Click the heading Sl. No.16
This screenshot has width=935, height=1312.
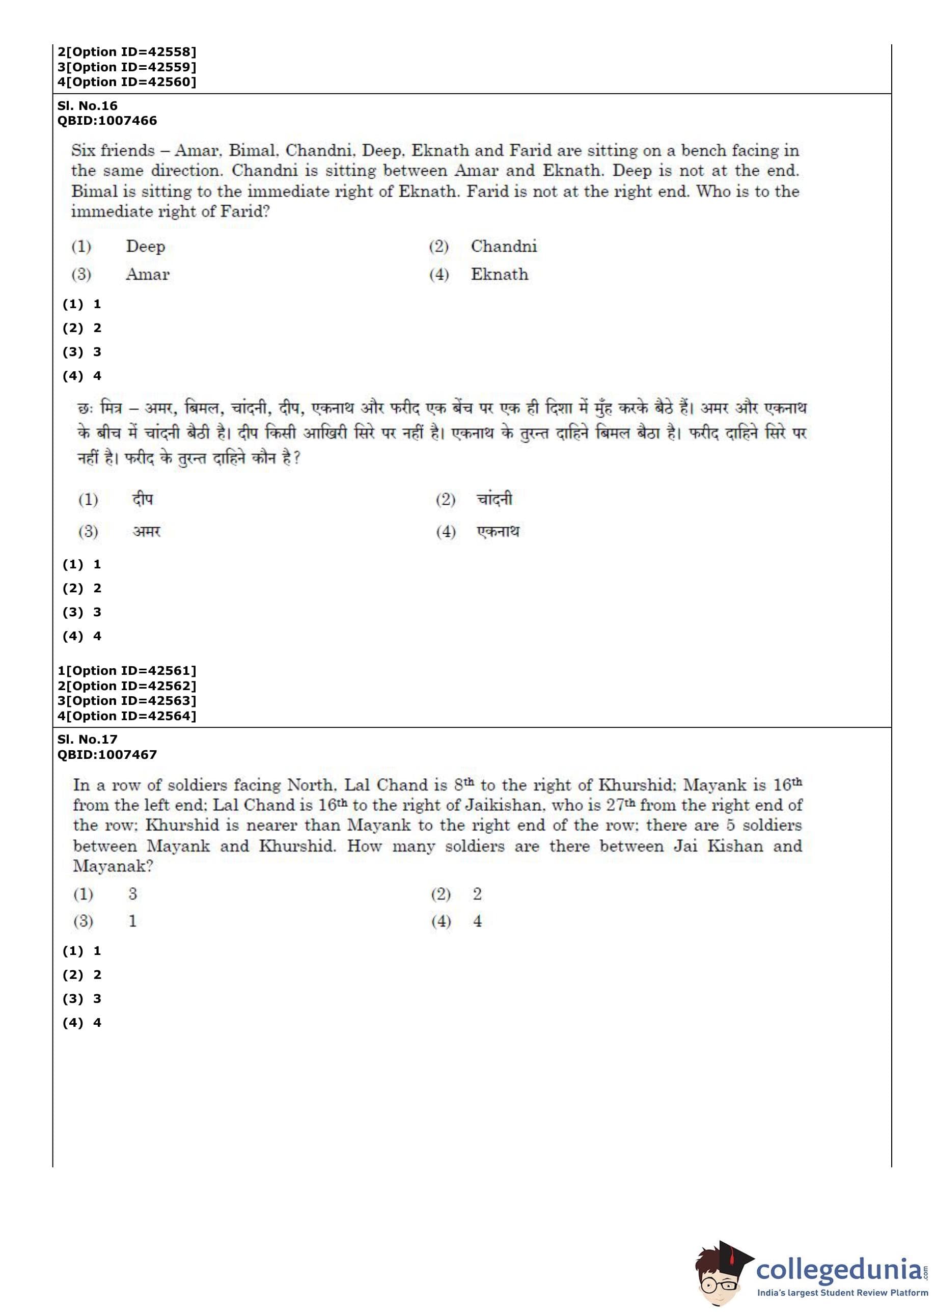[x=87, y=105]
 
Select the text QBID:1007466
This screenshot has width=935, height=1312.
[x=107, y=120]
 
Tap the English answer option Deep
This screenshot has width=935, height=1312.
[x=145, y=247]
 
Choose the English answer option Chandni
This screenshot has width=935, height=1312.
[x=503, y=247]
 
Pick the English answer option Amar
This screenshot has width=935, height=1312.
[x=147, y=275]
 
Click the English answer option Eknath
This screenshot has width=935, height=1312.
[x=499, y=275]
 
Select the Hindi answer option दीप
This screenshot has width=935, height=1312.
[x=142, y=499]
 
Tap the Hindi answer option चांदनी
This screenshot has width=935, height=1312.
[x=494, y=499]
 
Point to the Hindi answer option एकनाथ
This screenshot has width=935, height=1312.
[x=498, y=531]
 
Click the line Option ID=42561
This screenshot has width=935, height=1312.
[x=127, y=671]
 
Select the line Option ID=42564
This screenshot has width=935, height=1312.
[x=127, y=716]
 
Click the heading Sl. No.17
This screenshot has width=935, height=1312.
[x=87, y=739]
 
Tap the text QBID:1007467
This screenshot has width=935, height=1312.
[x=107, y=754]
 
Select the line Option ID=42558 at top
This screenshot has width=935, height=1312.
[x=127, y=52]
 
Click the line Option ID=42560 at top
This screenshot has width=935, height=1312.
[x=127, y=82]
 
